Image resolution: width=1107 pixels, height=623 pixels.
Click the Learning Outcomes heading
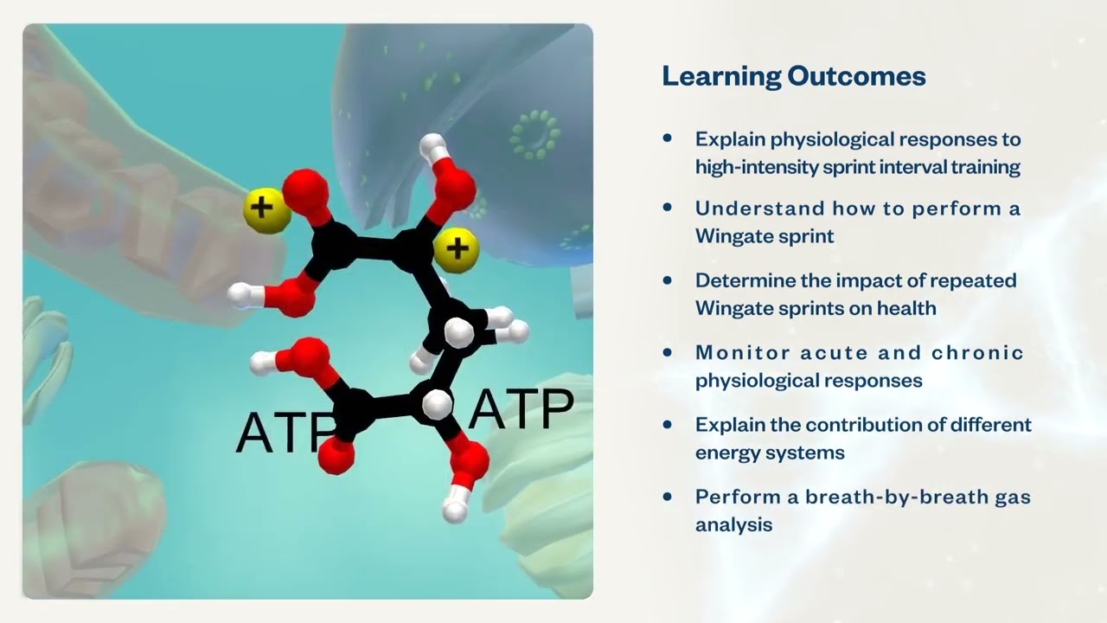click(793, 76)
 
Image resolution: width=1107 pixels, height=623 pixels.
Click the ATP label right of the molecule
click(521, 410)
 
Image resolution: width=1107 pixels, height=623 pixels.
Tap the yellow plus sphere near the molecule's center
click(458, 249)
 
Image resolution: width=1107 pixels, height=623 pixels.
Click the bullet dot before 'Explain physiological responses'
click(667, 138)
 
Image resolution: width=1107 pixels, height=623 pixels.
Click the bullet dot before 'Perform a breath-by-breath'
click(667, 497)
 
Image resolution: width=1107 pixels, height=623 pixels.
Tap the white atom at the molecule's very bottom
click(455, 510)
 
